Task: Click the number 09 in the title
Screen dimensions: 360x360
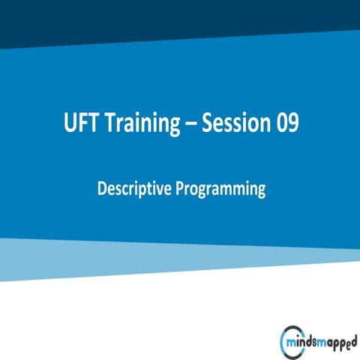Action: click(287, 124)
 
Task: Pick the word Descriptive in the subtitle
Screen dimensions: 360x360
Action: click(133, 190)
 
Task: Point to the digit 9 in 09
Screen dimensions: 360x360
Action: click(293, 124)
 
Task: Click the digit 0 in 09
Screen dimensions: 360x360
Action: click(281, 124)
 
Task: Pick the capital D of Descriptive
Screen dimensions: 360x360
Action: click(102, 189)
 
